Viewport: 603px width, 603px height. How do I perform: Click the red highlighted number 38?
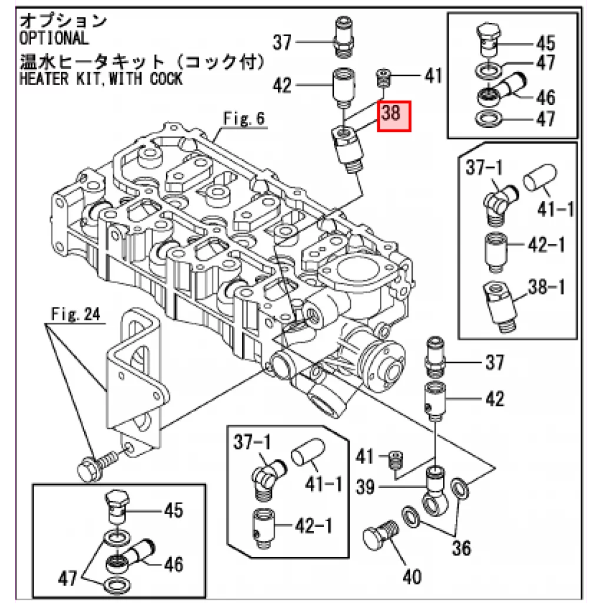pyautogui.click(x=391, y=113)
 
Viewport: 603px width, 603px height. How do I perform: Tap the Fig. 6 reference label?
pyautogui.click(x=244, y=118)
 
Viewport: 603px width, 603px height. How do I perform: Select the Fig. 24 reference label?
pyautogui.click(x=76, y=314)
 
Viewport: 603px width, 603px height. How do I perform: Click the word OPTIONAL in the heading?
pyautogui.click(x=54, y=38)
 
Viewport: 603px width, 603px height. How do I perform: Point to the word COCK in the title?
pyautogui.click(x=166, y=78)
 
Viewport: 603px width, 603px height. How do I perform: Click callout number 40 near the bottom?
pyautogui.click(x=412, y=577)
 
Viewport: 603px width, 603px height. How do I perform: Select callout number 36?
pyautogui.click(x=461, y=548)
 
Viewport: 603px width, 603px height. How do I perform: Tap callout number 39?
pyautogui.click(x=365, y=487)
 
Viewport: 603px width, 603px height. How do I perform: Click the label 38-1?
pyautogui.click(x=546, y=287)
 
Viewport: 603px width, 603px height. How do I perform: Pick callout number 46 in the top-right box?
pyautogui.click(x=546, y=97)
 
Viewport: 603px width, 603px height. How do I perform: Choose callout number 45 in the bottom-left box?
pyautogui.click(x=174, y=511)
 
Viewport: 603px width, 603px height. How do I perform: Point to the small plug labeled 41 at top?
pyautogui.click(x=383, y=78)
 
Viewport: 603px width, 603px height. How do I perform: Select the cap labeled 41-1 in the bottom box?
pyautogui.click(x=307, y=452)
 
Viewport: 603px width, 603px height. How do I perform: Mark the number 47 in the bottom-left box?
pyautogui.click(x=68, y=578)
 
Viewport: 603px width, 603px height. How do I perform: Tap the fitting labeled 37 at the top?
pyautogui.click(x=343, y=37)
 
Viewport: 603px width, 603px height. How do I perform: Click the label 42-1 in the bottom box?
pyautogui.click(x=313, y=526)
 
